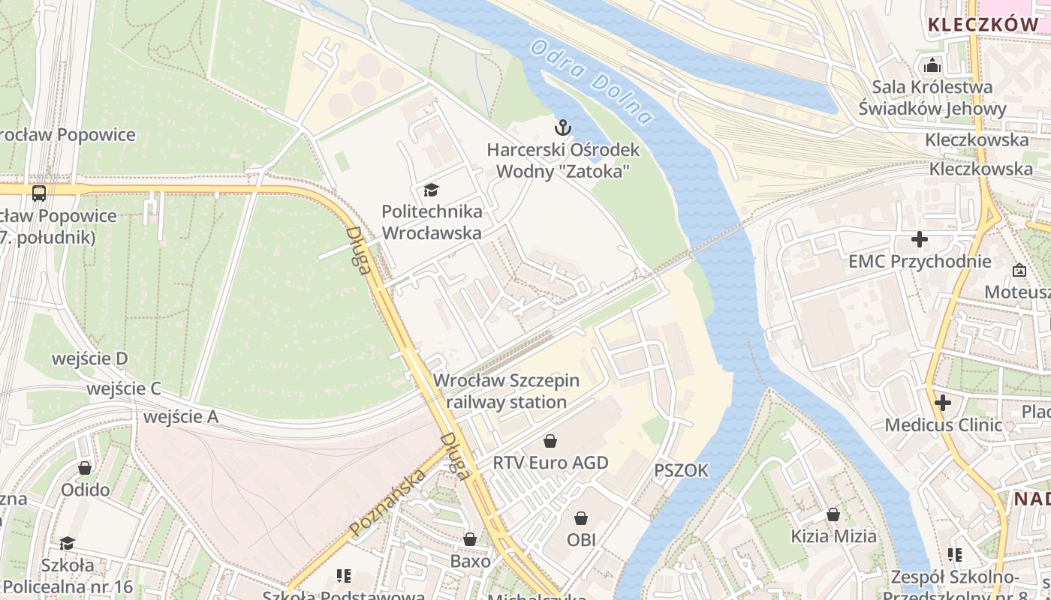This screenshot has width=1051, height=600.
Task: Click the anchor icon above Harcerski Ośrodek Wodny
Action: tap(562, 127)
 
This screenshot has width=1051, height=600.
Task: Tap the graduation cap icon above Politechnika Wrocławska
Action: tap(431, 190)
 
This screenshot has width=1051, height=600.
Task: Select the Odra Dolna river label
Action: tap(590, 82)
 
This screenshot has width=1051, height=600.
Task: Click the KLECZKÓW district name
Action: tap(983, 24)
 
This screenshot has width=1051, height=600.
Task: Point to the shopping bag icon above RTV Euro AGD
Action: tap(550, 440)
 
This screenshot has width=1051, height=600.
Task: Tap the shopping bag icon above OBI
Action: tap(581, 518)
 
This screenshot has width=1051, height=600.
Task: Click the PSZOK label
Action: tap(681, 470)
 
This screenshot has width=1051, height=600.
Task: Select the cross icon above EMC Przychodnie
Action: tap(919, 240)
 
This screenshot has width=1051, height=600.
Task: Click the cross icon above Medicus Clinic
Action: tap(943, 403)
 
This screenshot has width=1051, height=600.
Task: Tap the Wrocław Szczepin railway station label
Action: tap(507, 391)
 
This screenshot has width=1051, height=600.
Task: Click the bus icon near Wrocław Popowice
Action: tap(39, 193)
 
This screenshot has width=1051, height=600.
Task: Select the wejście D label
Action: tap(89, 358)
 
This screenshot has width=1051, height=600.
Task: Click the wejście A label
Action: tap(181, 417)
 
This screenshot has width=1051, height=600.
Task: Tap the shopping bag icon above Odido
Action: tap(85, 468)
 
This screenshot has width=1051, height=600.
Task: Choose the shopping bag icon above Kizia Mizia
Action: tap(833, 514)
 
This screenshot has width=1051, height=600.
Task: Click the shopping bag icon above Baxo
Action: tap(470, 539)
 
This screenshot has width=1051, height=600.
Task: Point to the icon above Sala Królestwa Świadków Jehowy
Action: tap(932, 65)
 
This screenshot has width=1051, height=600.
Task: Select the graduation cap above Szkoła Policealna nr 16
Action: tap(67, 543)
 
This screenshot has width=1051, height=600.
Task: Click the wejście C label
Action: tap(124, 388)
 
